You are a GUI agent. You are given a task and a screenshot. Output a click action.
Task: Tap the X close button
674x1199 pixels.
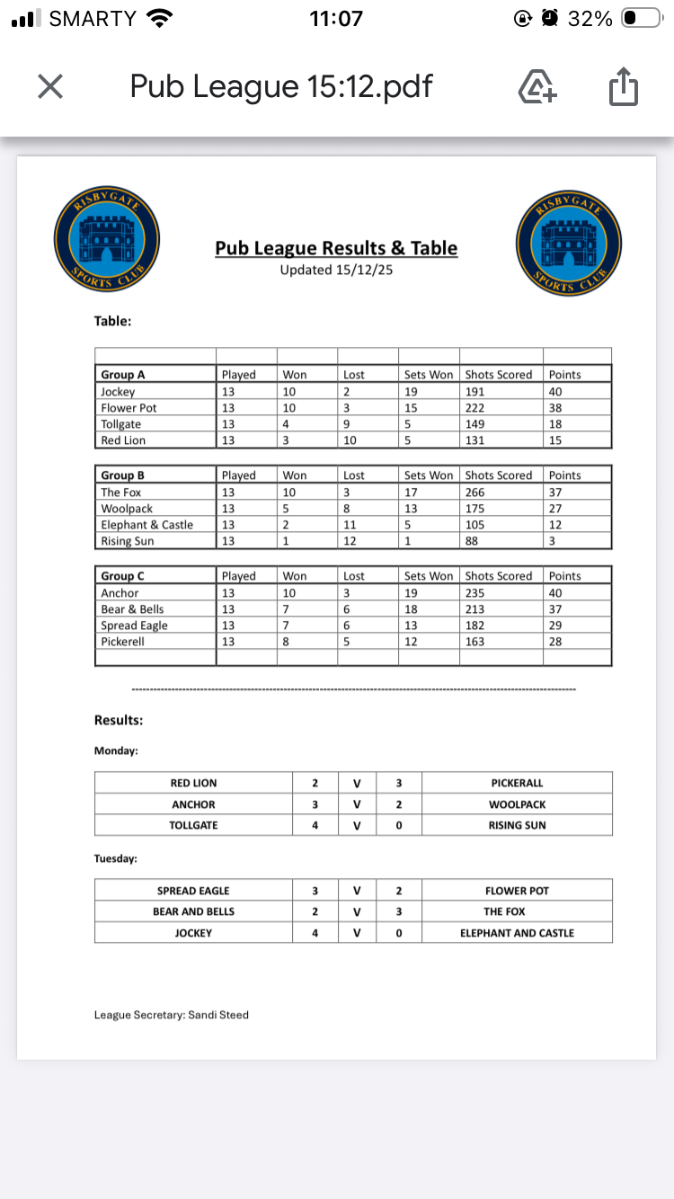click(x=50, y=87)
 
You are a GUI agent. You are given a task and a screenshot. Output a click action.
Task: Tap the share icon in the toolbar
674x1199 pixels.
click(x=623, y=87)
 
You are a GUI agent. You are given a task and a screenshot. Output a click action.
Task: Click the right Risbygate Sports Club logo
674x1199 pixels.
click(x=569, y=242)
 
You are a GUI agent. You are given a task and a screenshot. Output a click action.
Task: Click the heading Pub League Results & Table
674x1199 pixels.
click(x=336, y=248)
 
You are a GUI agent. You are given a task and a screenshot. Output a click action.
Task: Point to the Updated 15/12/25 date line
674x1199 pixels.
click(x=336, y=270)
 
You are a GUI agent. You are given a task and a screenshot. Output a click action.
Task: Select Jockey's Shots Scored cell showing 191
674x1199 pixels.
click(x=476, y=391)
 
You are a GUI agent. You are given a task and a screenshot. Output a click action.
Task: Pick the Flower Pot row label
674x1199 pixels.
click(x=129, y=407)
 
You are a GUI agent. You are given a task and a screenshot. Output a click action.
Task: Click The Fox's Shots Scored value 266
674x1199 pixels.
click(x=476, y=492)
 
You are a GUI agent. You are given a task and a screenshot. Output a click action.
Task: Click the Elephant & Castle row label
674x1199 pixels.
click(x=146, y=525)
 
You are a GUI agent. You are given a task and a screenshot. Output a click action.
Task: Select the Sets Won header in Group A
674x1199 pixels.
click(x=429, y=375)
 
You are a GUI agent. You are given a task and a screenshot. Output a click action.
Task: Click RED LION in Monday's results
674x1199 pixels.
click(x=193, y=783)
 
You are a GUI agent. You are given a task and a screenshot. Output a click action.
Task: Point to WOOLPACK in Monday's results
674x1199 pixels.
click(x=517, y=804)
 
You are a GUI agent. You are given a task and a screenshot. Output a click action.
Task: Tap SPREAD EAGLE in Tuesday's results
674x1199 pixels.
click(x=193, y=891)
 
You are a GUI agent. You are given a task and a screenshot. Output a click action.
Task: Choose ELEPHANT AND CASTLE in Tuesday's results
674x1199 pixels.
click(x=517, y=933)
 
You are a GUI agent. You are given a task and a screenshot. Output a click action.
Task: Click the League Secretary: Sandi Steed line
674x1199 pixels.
click(x=172, y=1015)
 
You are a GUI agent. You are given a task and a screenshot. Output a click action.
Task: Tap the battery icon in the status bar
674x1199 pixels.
click(x=642, y=18)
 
